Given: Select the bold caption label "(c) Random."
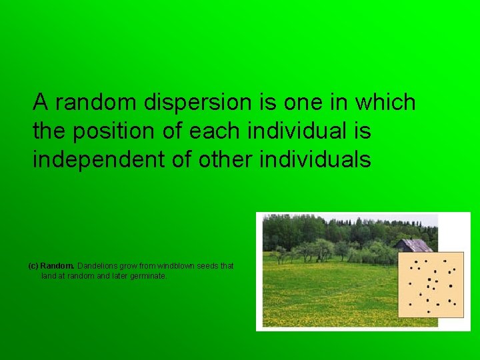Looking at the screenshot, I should pyautogui.click(x=51, y=266).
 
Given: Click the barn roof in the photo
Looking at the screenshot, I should pyautogui.click(x=415, y=245).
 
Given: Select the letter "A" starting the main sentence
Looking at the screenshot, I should pyautogui.click(x=41, y=103).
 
